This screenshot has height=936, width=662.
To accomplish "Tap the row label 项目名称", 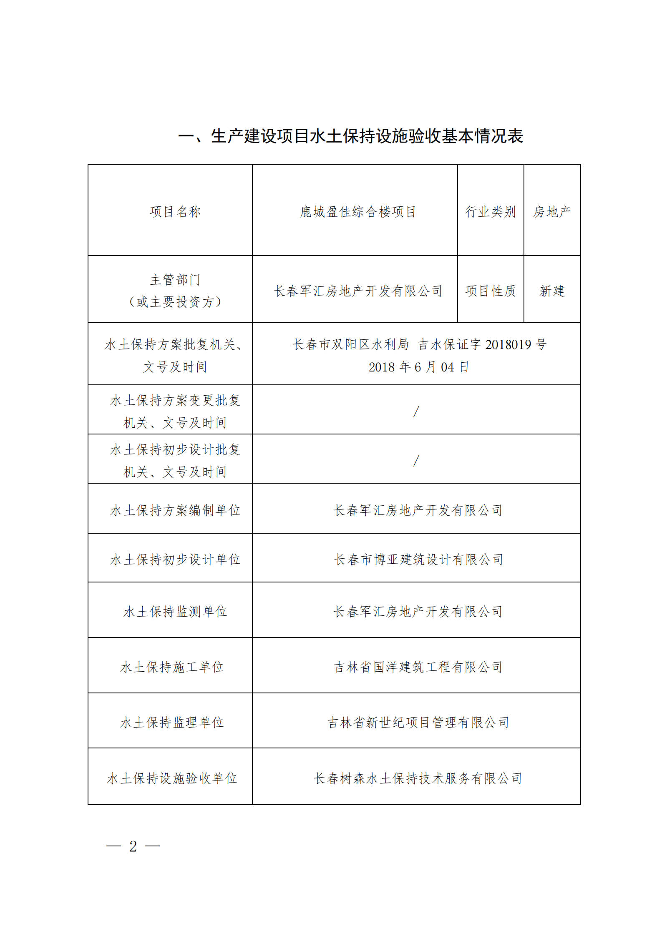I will [x=175, y=212].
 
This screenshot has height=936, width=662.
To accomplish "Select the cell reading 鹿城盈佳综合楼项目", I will [x=358, y=212].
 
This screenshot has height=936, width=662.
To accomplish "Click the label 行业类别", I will [x=491, y=212].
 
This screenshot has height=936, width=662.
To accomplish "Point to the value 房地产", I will [x=552, y=212].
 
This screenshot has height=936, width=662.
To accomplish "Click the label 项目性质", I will [x=491, y=291].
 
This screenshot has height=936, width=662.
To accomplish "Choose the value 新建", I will [x=552, y=291].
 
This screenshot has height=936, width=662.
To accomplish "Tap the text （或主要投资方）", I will [x=175, y=301].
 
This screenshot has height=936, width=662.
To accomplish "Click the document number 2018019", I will [x=508, y=344].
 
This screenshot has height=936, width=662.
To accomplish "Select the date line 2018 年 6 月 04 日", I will [x=419, y=367].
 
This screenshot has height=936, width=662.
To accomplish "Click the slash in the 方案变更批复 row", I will [x=416, y=412].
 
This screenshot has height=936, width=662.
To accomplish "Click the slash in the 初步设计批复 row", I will [x=416, y=461].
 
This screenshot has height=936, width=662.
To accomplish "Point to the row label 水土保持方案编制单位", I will [x=175, y=510].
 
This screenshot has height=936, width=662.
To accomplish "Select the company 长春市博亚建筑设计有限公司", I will [x=419, y=560].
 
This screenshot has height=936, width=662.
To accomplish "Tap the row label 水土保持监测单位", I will [x=175, y=612].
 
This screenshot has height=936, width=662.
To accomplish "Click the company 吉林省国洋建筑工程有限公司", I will [x=418, y=667].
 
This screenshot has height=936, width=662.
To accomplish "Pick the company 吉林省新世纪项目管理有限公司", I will [x=418, y=723].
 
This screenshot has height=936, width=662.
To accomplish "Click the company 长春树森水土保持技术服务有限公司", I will [x=418, y=778].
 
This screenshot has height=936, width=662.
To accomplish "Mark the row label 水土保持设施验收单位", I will [x=172, y=778].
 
